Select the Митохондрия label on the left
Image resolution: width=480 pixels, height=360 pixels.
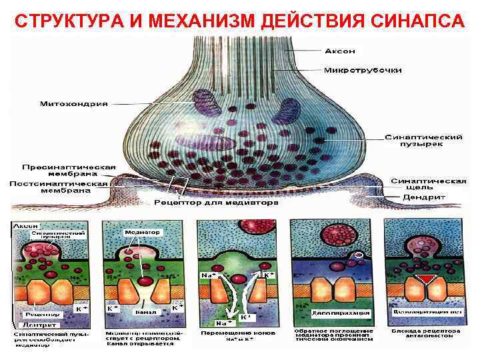pyautogui.click(x=73, y=103)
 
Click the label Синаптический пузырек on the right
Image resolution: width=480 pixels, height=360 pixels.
pyautogui.click(x=424, y=141)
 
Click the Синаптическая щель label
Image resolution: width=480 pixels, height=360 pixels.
pyautogui.click(x=428, y=184)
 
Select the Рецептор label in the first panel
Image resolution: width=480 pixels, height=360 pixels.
pyautogui.click(x=41, y=313)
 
